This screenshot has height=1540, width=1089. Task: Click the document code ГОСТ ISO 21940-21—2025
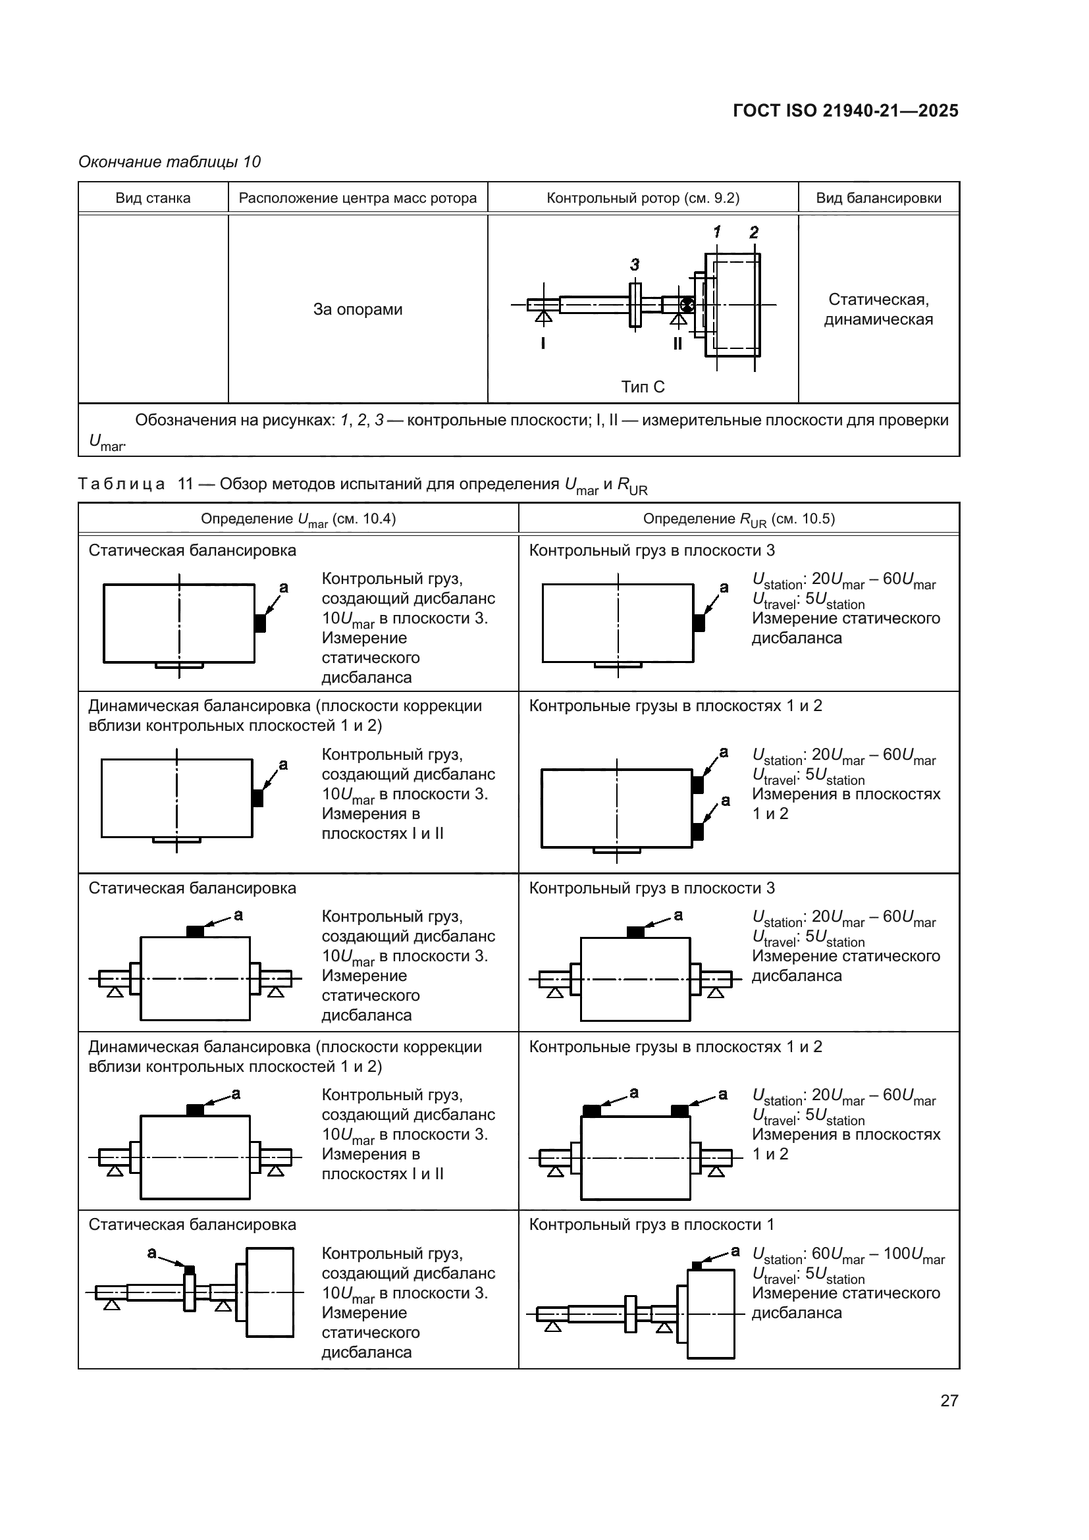(845, 111)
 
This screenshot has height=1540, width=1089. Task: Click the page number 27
(949, 1400)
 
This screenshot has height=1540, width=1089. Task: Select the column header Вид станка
(153, 198)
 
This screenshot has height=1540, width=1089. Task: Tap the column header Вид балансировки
(878, 198)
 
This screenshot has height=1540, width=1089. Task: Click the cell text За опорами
(358, 309)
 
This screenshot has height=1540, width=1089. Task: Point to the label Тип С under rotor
(643, 386)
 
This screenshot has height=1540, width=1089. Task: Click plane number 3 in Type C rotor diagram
(634, 265)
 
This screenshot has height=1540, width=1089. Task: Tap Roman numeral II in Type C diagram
(677, 344)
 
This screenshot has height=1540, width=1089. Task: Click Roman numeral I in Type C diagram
(543, 344)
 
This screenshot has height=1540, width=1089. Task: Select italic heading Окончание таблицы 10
(170, 162)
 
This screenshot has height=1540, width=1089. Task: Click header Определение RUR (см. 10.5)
(738, 518)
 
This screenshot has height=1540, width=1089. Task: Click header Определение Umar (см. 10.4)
(298, 518)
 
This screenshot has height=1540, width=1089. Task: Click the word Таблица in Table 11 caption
(121, 485)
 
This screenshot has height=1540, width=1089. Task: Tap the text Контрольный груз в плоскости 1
(651, 1225)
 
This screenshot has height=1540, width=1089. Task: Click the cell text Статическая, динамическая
(878, 309)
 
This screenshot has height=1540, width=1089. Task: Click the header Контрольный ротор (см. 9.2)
(643, 198)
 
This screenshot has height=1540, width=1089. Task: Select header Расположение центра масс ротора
(358, 198)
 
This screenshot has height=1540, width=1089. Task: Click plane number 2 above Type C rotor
(754, 232)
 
